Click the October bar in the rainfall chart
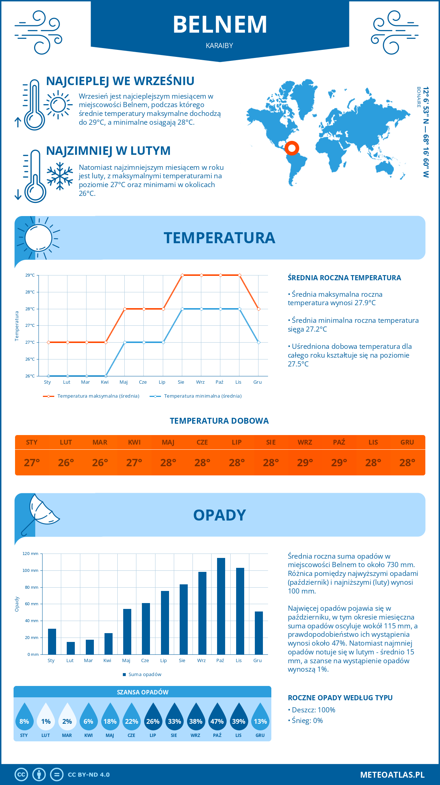(221, 606)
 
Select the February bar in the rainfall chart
(71, 648)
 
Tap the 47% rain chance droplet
(217, 718)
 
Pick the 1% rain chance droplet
(46, 718)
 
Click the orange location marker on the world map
(292, 148)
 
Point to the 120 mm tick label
(30, 554)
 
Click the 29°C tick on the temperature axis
(30, 275)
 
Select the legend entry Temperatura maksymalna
(91, 396)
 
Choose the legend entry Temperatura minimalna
(196, 396)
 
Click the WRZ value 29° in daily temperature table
(305, 463)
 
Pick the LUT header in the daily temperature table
(66, 442)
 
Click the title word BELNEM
(220, 25)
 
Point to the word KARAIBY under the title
(220, 46)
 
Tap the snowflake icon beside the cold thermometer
(60, 176)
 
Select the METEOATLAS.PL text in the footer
(392, 775)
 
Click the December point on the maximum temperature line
(258, 309)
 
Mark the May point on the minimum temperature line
(125, 342)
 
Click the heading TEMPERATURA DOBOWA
(219, 421)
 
